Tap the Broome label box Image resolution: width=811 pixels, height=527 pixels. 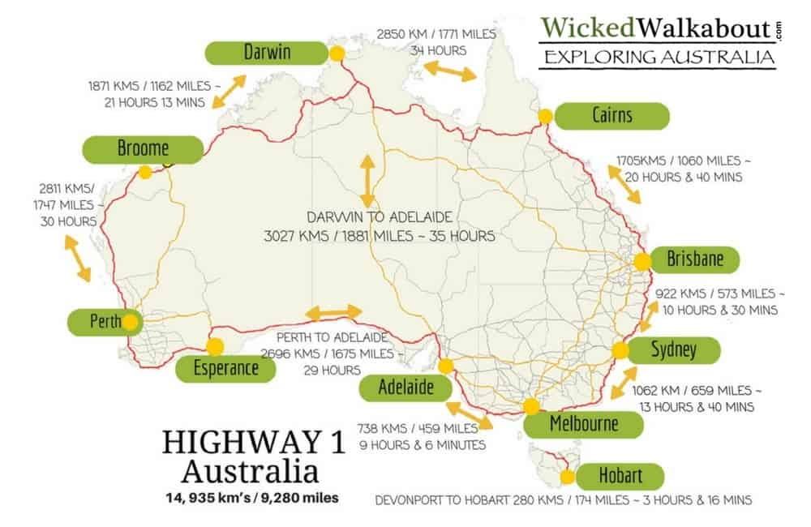(143, 148)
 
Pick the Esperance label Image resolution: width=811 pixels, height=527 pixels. (225, 369)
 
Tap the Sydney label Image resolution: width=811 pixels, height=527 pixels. (673, 350)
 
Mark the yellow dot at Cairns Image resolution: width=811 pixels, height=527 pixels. (546, 116)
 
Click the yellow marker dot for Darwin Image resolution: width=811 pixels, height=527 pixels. (337, 54)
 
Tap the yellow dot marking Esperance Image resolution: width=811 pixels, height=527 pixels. (215, 346)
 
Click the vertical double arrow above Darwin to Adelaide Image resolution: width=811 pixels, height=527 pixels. (367, 178)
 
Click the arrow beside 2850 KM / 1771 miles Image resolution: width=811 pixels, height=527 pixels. (452, 71)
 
